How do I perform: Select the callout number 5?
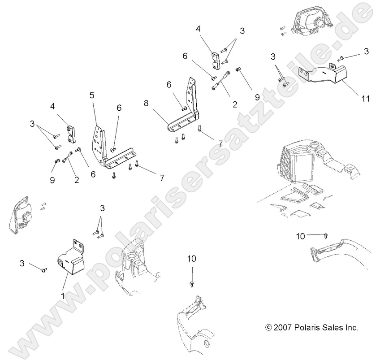[92, 95]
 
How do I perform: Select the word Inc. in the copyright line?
[351, 328]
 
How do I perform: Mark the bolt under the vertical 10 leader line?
[192, 284]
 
